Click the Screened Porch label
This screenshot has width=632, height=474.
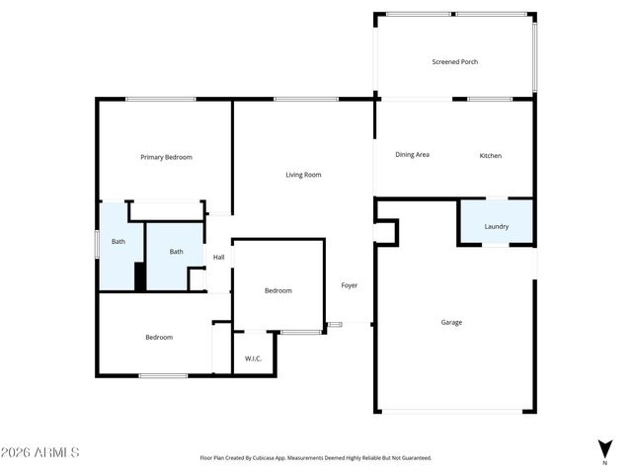click(454, 62)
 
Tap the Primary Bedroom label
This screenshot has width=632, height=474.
click(166, 157)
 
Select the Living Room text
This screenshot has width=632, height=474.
click(303, 175)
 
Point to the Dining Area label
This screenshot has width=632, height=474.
click(412, 155)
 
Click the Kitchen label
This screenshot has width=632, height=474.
click(491, 156)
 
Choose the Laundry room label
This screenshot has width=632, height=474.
click(496, 226)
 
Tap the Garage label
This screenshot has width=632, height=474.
click(451, 322)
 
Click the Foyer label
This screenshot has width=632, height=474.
click(350, 285)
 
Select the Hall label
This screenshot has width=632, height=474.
click(218, 258)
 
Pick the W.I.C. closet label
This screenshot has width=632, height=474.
click(253, 358)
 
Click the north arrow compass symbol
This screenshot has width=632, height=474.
click(604, 447)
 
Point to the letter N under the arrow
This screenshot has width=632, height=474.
click(604, 462)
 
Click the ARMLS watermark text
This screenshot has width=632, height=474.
click(40, 452)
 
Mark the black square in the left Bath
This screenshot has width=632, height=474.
click(140, 276)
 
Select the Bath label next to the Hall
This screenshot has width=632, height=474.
click(176, 252)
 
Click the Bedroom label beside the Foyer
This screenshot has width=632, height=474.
click(277, 290)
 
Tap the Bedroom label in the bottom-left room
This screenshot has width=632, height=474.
click(159, 338)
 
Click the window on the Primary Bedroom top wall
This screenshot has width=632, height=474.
click(160, 99)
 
